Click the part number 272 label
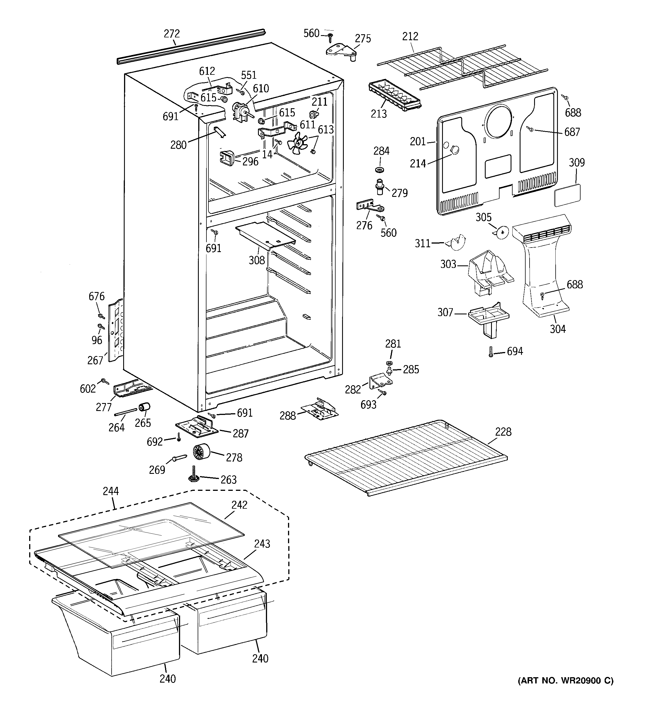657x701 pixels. tap(172, 34)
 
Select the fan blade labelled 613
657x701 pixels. tap(297, 143)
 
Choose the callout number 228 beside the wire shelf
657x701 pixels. tap(503, 432)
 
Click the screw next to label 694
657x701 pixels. tap(490, 351)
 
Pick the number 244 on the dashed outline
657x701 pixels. tap(111, 491)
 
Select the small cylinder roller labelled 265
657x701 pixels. tap(144, 407)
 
